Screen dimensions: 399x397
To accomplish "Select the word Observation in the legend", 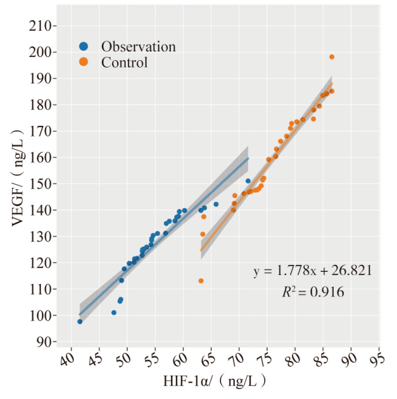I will tap(138, 46).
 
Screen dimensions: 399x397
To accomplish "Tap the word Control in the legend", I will tap(125, 62).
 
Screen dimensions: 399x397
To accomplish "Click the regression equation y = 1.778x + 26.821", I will tap(312, 271).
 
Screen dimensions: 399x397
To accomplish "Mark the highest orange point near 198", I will tap(332, 57).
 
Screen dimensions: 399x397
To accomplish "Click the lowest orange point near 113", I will tap(201, 281).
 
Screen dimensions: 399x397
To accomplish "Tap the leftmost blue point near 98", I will tap(80, 321).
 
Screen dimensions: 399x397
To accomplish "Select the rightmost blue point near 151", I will tap(248, 181).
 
